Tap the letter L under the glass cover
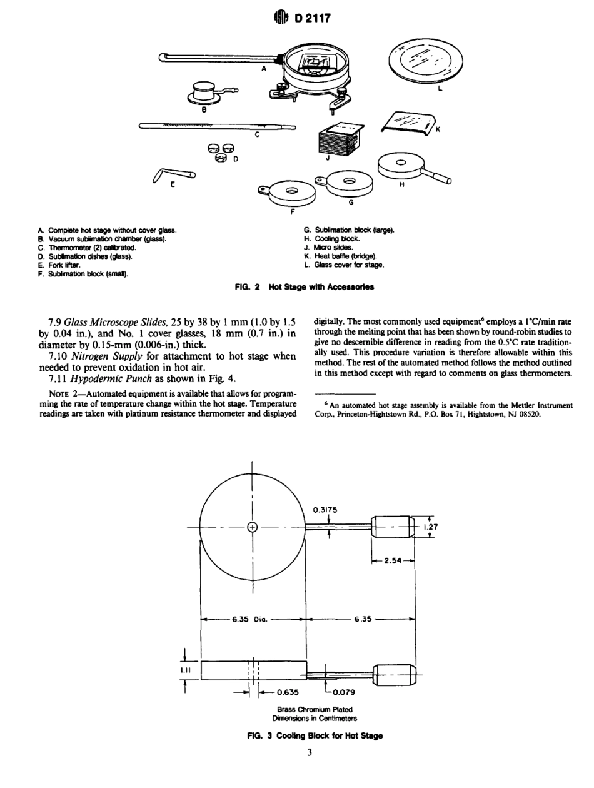click(440, 89)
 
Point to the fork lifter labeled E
click(171, 177)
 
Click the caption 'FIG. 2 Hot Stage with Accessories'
click(297, 288)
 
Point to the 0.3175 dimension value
click(325, 509)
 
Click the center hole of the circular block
click(253, 527)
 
